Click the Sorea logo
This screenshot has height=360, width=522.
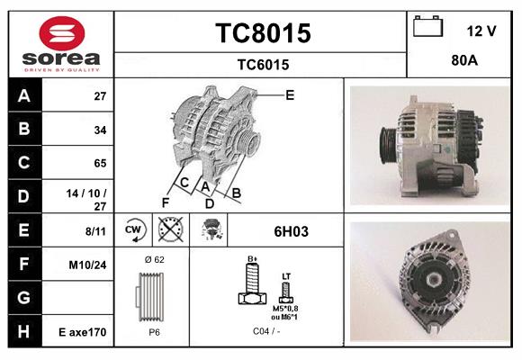(60, 44)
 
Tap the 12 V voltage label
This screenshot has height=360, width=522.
(481, 31)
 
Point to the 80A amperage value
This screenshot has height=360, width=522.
(463, 63)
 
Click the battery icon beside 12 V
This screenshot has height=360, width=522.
(427, 27)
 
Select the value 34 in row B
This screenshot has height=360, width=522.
(100, 130)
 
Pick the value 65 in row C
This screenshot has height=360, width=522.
(100, 163)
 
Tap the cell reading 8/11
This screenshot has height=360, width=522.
(94, 231)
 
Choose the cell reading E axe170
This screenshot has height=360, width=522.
(84, 332)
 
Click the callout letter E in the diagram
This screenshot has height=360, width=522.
(290, 94)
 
